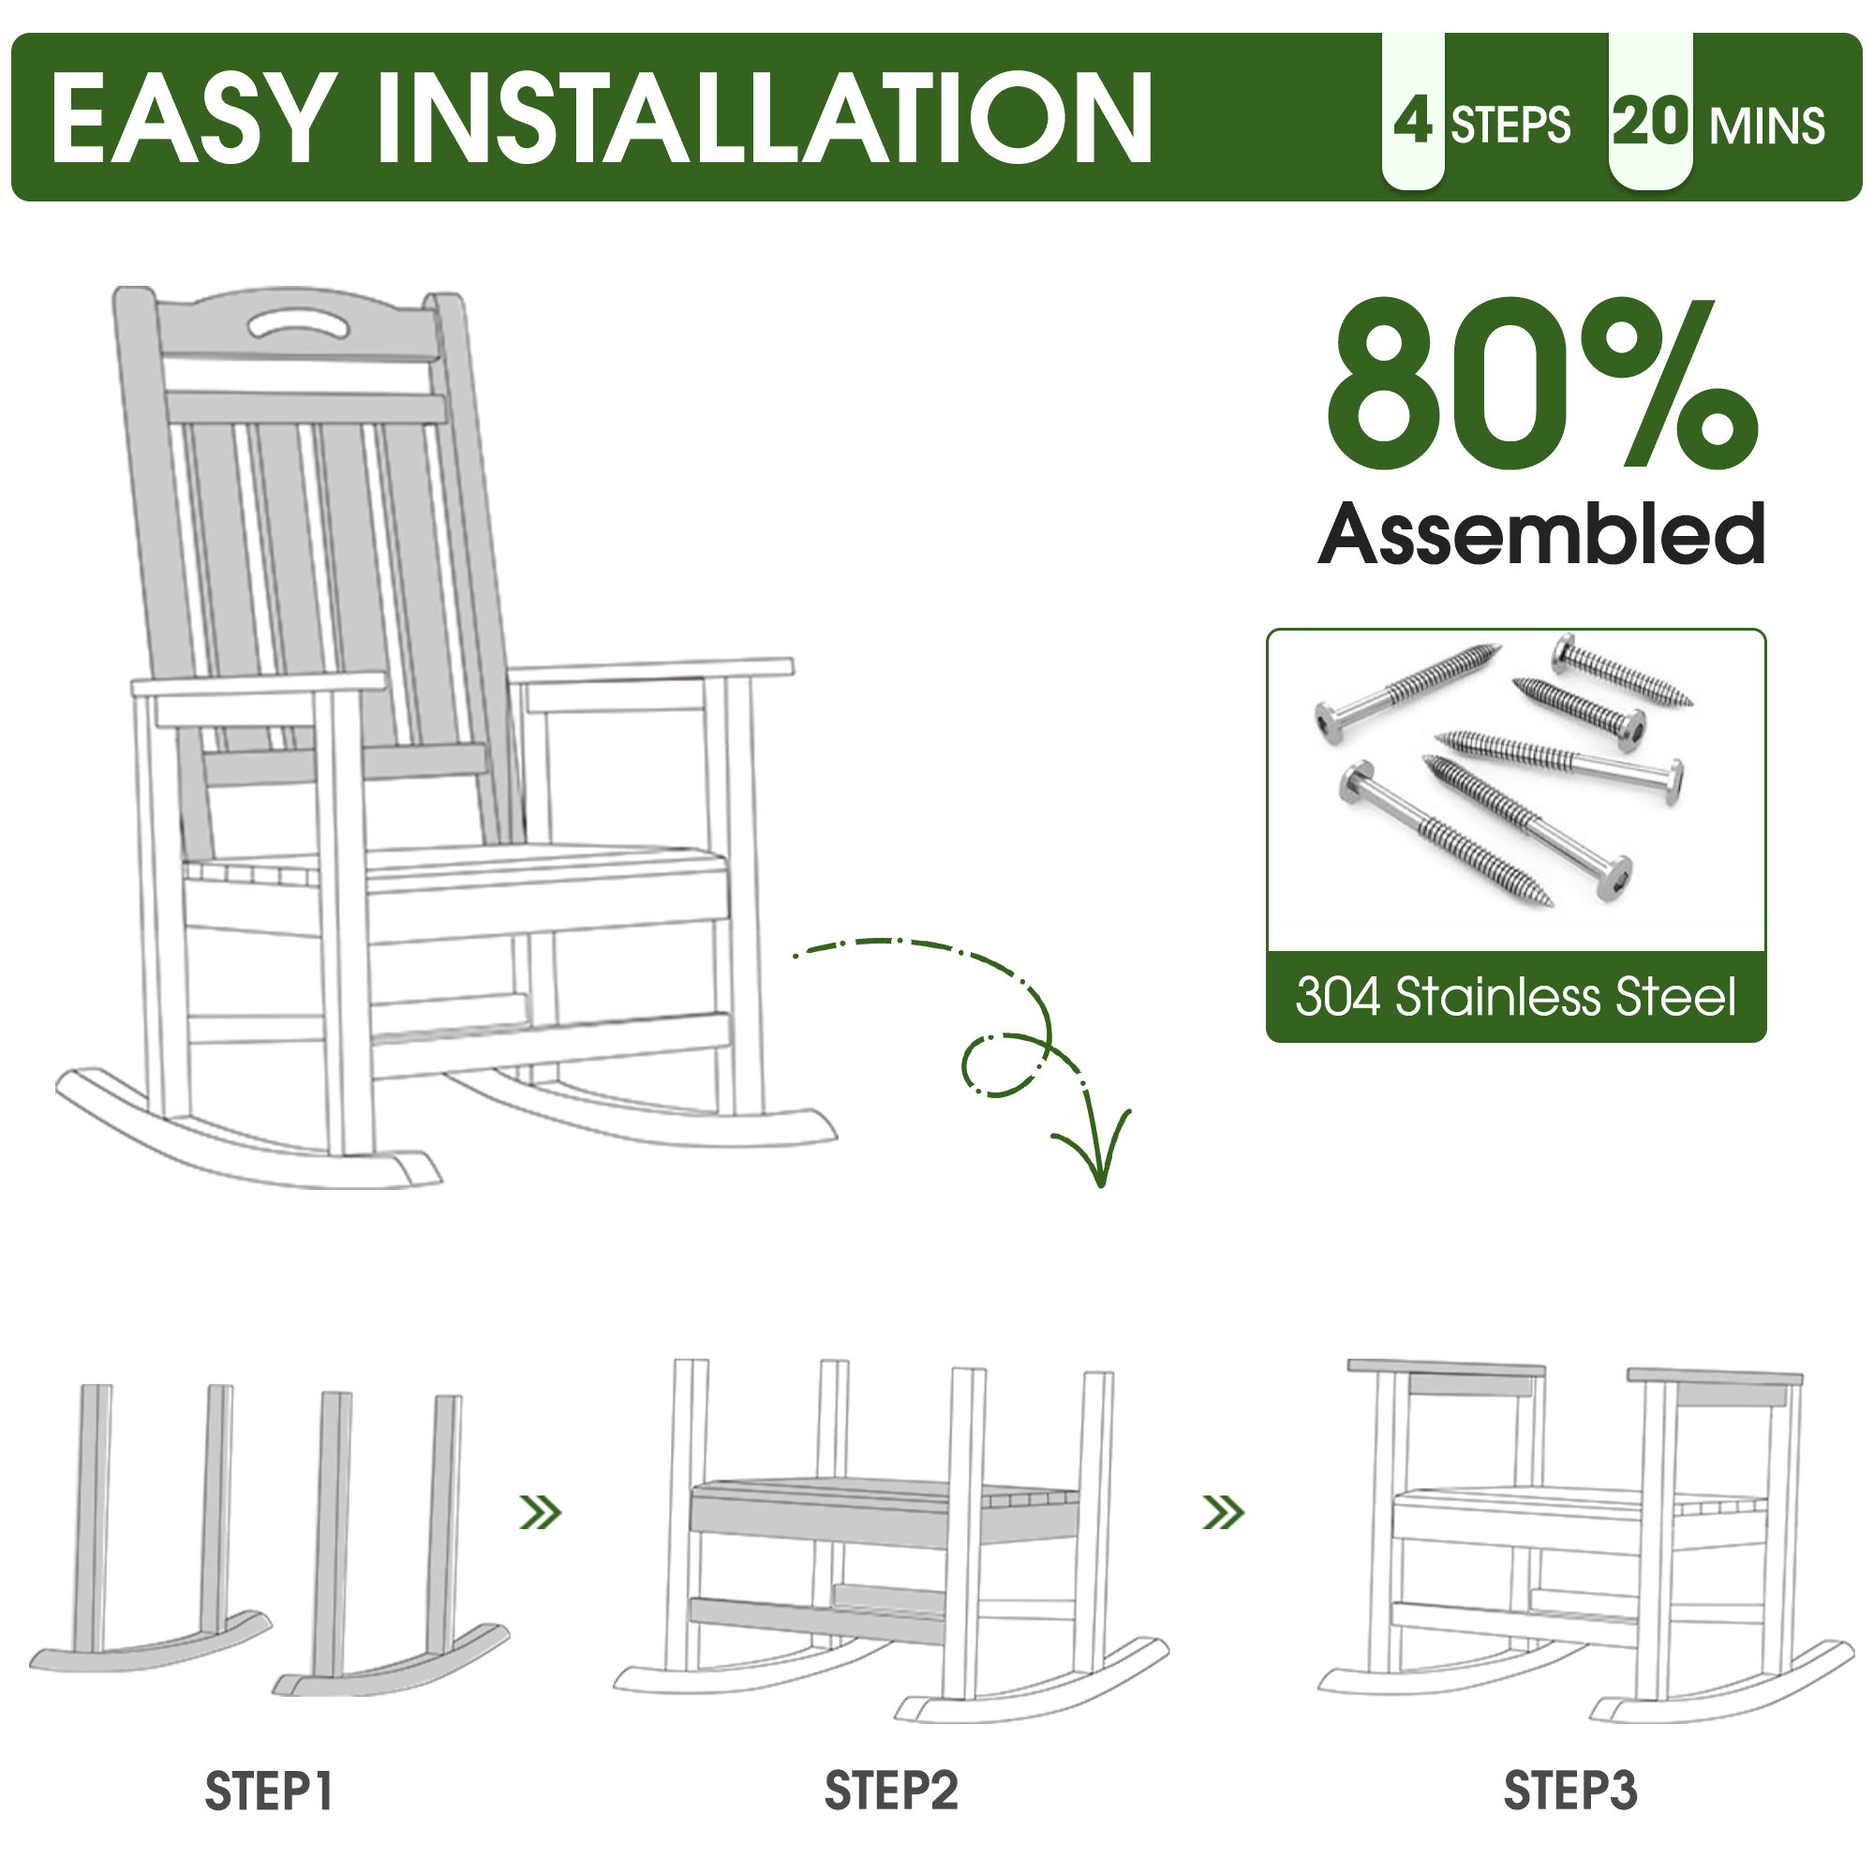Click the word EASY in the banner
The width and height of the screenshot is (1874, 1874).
point(188,118)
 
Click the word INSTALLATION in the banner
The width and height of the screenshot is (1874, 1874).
point(764,118)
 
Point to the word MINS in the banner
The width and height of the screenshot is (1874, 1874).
point(1767,126)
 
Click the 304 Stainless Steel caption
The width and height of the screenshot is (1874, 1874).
point(1515,996)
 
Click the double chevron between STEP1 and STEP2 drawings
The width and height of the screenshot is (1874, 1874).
point(541,1512)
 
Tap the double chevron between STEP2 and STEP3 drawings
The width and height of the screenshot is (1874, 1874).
point(1222,1512)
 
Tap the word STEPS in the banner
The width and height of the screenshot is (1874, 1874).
point(1510,126)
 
